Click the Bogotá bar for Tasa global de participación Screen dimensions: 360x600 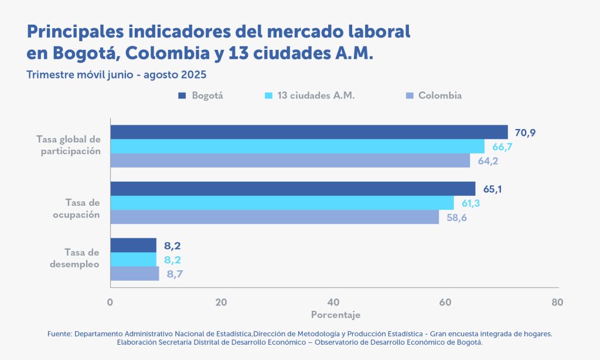point(309,132)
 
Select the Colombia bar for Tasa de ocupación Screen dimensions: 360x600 point(274,217)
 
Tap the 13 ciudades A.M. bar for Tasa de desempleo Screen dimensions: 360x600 point(134,259)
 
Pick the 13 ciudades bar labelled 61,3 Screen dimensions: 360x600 point(282,203)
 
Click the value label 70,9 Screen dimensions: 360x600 point(526,133)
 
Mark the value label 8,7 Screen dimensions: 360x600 point(174,274)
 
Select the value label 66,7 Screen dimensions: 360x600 point(502,147)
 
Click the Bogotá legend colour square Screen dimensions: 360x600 point(182,96)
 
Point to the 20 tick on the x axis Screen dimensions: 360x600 point(221,303)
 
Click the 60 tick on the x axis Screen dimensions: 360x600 point(445,303)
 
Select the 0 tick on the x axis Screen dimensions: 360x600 point(110,303)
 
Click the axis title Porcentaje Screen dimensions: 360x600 point(335,315)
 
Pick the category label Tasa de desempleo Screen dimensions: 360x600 point(82,258)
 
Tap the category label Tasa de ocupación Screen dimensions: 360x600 point(82,209)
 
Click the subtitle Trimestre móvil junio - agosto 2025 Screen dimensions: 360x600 point(117,75)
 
